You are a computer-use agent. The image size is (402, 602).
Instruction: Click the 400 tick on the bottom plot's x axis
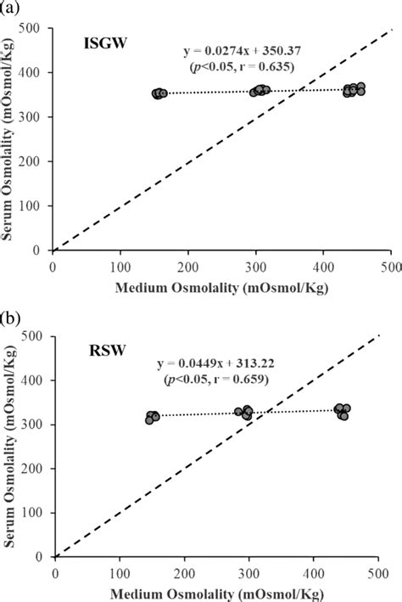click(315, 571)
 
